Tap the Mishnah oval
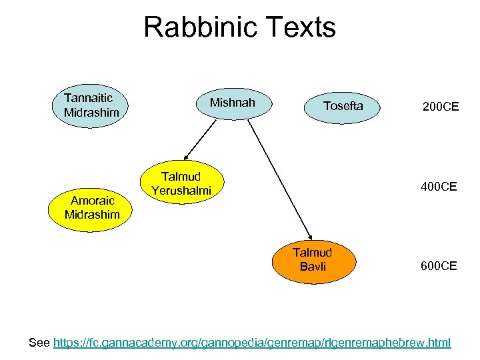[x=233, y=103]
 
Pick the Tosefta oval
[x=343, y=106]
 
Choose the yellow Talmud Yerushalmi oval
[x=181, y=183]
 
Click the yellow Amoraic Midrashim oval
[x=92, y=207]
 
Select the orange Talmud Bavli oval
[x=313, y=260]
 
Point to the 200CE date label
[x=440, y=106]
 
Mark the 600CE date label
[x=438, y=266]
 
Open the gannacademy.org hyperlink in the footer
[x=252, y=343]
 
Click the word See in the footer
[x=39, y=343]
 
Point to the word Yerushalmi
[x=181, y=191]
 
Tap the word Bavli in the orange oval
[x=313, y=267]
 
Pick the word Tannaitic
[x=89, y=97]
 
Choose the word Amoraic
[x=93, y=199]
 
